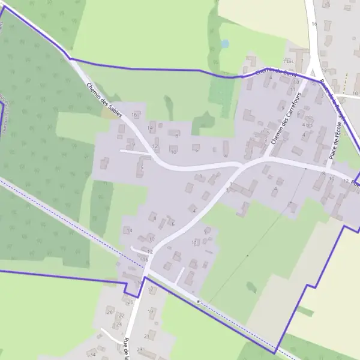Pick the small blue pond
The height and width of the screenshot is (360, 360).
coord(224,44)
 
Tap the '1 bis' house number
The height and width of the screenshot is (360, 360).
coord(288,62)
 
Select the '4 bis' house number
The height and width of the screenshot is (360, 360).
coord(308,125)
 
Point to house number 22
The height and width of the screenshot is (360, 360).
coord(121,315)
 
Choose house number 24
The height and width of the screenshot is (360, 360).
coord(119,324)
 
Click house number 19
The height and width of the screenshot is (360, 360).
coord(151,311)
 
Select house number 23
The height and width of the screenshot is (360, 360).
coord(139,349)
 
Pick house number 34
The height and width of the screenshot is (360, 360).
coord(92,355)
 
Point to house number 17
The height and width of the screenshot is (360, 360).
coord(150,289)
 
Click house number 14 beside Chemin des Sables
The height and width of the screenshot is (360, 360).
coord(150,128)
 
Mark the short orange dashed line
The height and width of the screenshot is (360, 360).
coord(346,80)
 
